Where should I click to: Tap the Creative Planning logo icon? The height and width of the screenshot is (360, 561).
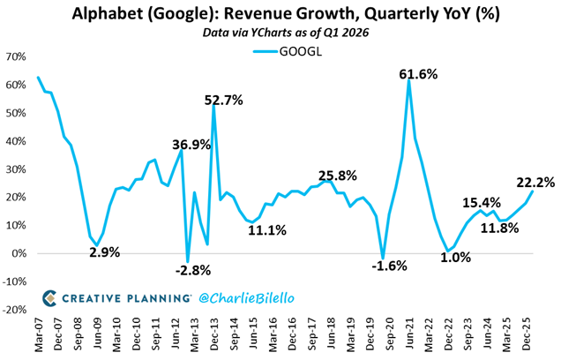point(50,296)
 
